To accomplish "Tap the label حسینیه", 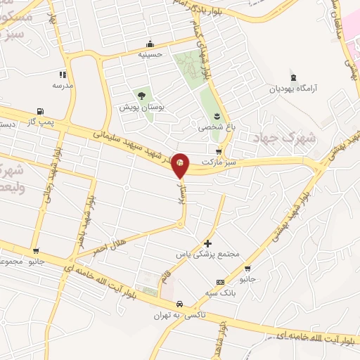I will click(x=150, y=53).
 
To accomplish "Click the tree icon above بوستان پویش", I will click(x=141, y=95).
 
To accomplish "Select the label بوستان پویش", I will click(x=141, y=108).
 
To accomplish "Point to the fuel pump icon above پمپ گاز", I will click(x=40, y=111).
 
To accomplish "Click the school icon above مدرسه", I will click(x=63, y=74).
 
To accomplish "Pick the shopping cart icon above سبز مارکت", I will click(x=219, y=151).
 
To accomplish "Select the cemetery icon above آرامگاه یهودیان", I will click(x=293, y=77).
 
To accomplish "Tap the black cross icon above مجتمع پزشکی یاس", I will click(x=208, y=243).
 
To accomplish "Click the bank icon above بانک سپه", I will click(x=220, y=282).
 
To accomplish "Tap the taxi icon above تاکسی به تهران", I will click(x=181, y=304).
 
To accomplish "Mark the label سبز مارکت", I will click(x=219, y=162).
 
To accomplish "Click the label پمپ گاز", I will click(x=40, y=122).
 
